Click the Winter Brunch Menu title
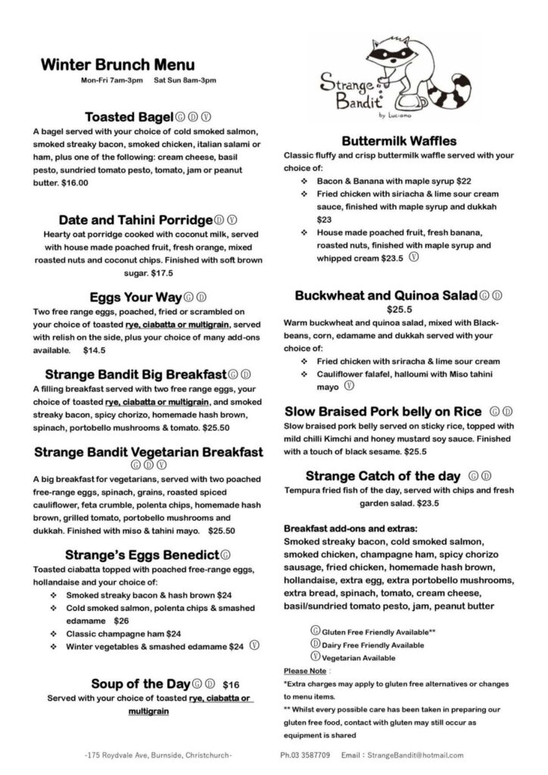point(117,64)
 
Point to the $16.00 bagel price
point(73,182)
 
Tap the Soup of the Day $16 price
point(232,684)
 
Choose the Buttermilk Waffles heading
point(399,141)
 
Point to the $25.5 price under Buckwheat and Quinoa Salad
point(398,310)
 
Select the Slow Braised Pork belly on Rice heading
point(383,412)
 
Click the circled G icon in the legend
point(315,630)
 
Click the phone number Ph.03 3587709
point(306,755)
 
